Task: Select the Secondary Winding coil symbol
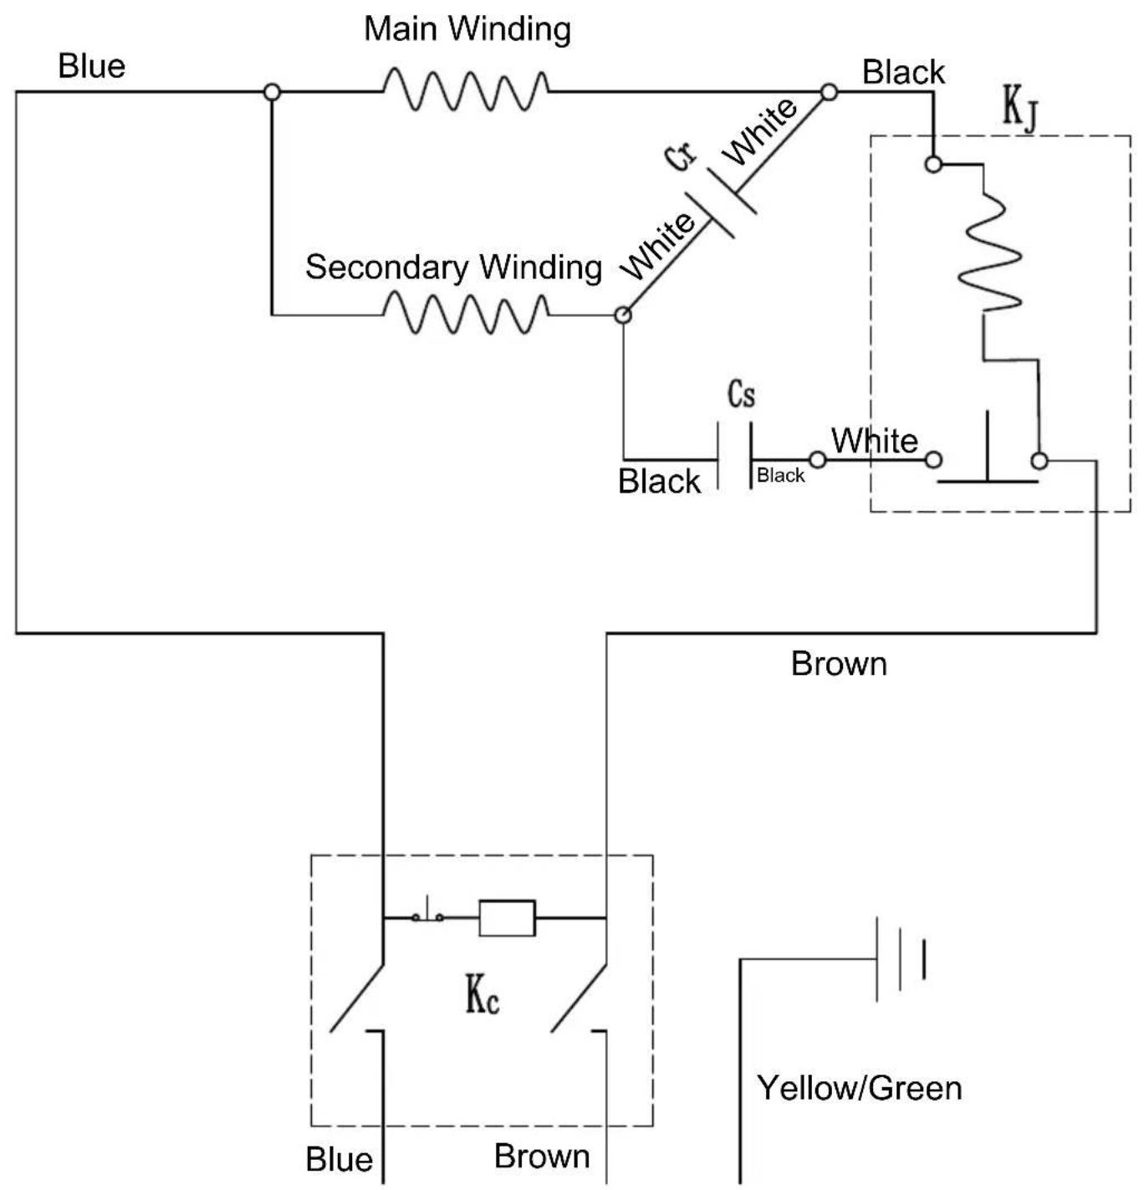466,313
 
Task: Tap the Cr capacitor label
681,156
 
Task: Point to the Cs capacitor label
741,395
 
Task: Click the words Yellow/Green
860,1089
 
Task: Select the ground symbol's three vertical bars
901,959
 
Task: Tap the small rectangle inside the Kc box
507,918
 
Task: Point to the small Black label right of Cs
780,475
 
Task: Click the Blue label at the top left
92,65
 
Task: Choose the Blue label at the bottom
340,1159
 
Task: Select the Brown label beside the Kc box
542,1157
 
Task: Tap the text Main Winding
467,28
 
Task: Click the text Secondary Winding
454,267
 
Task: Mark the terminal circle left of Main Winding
272,92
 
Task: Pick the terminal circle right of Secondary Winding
623,315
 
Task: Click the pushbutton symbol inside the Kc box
427,912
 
